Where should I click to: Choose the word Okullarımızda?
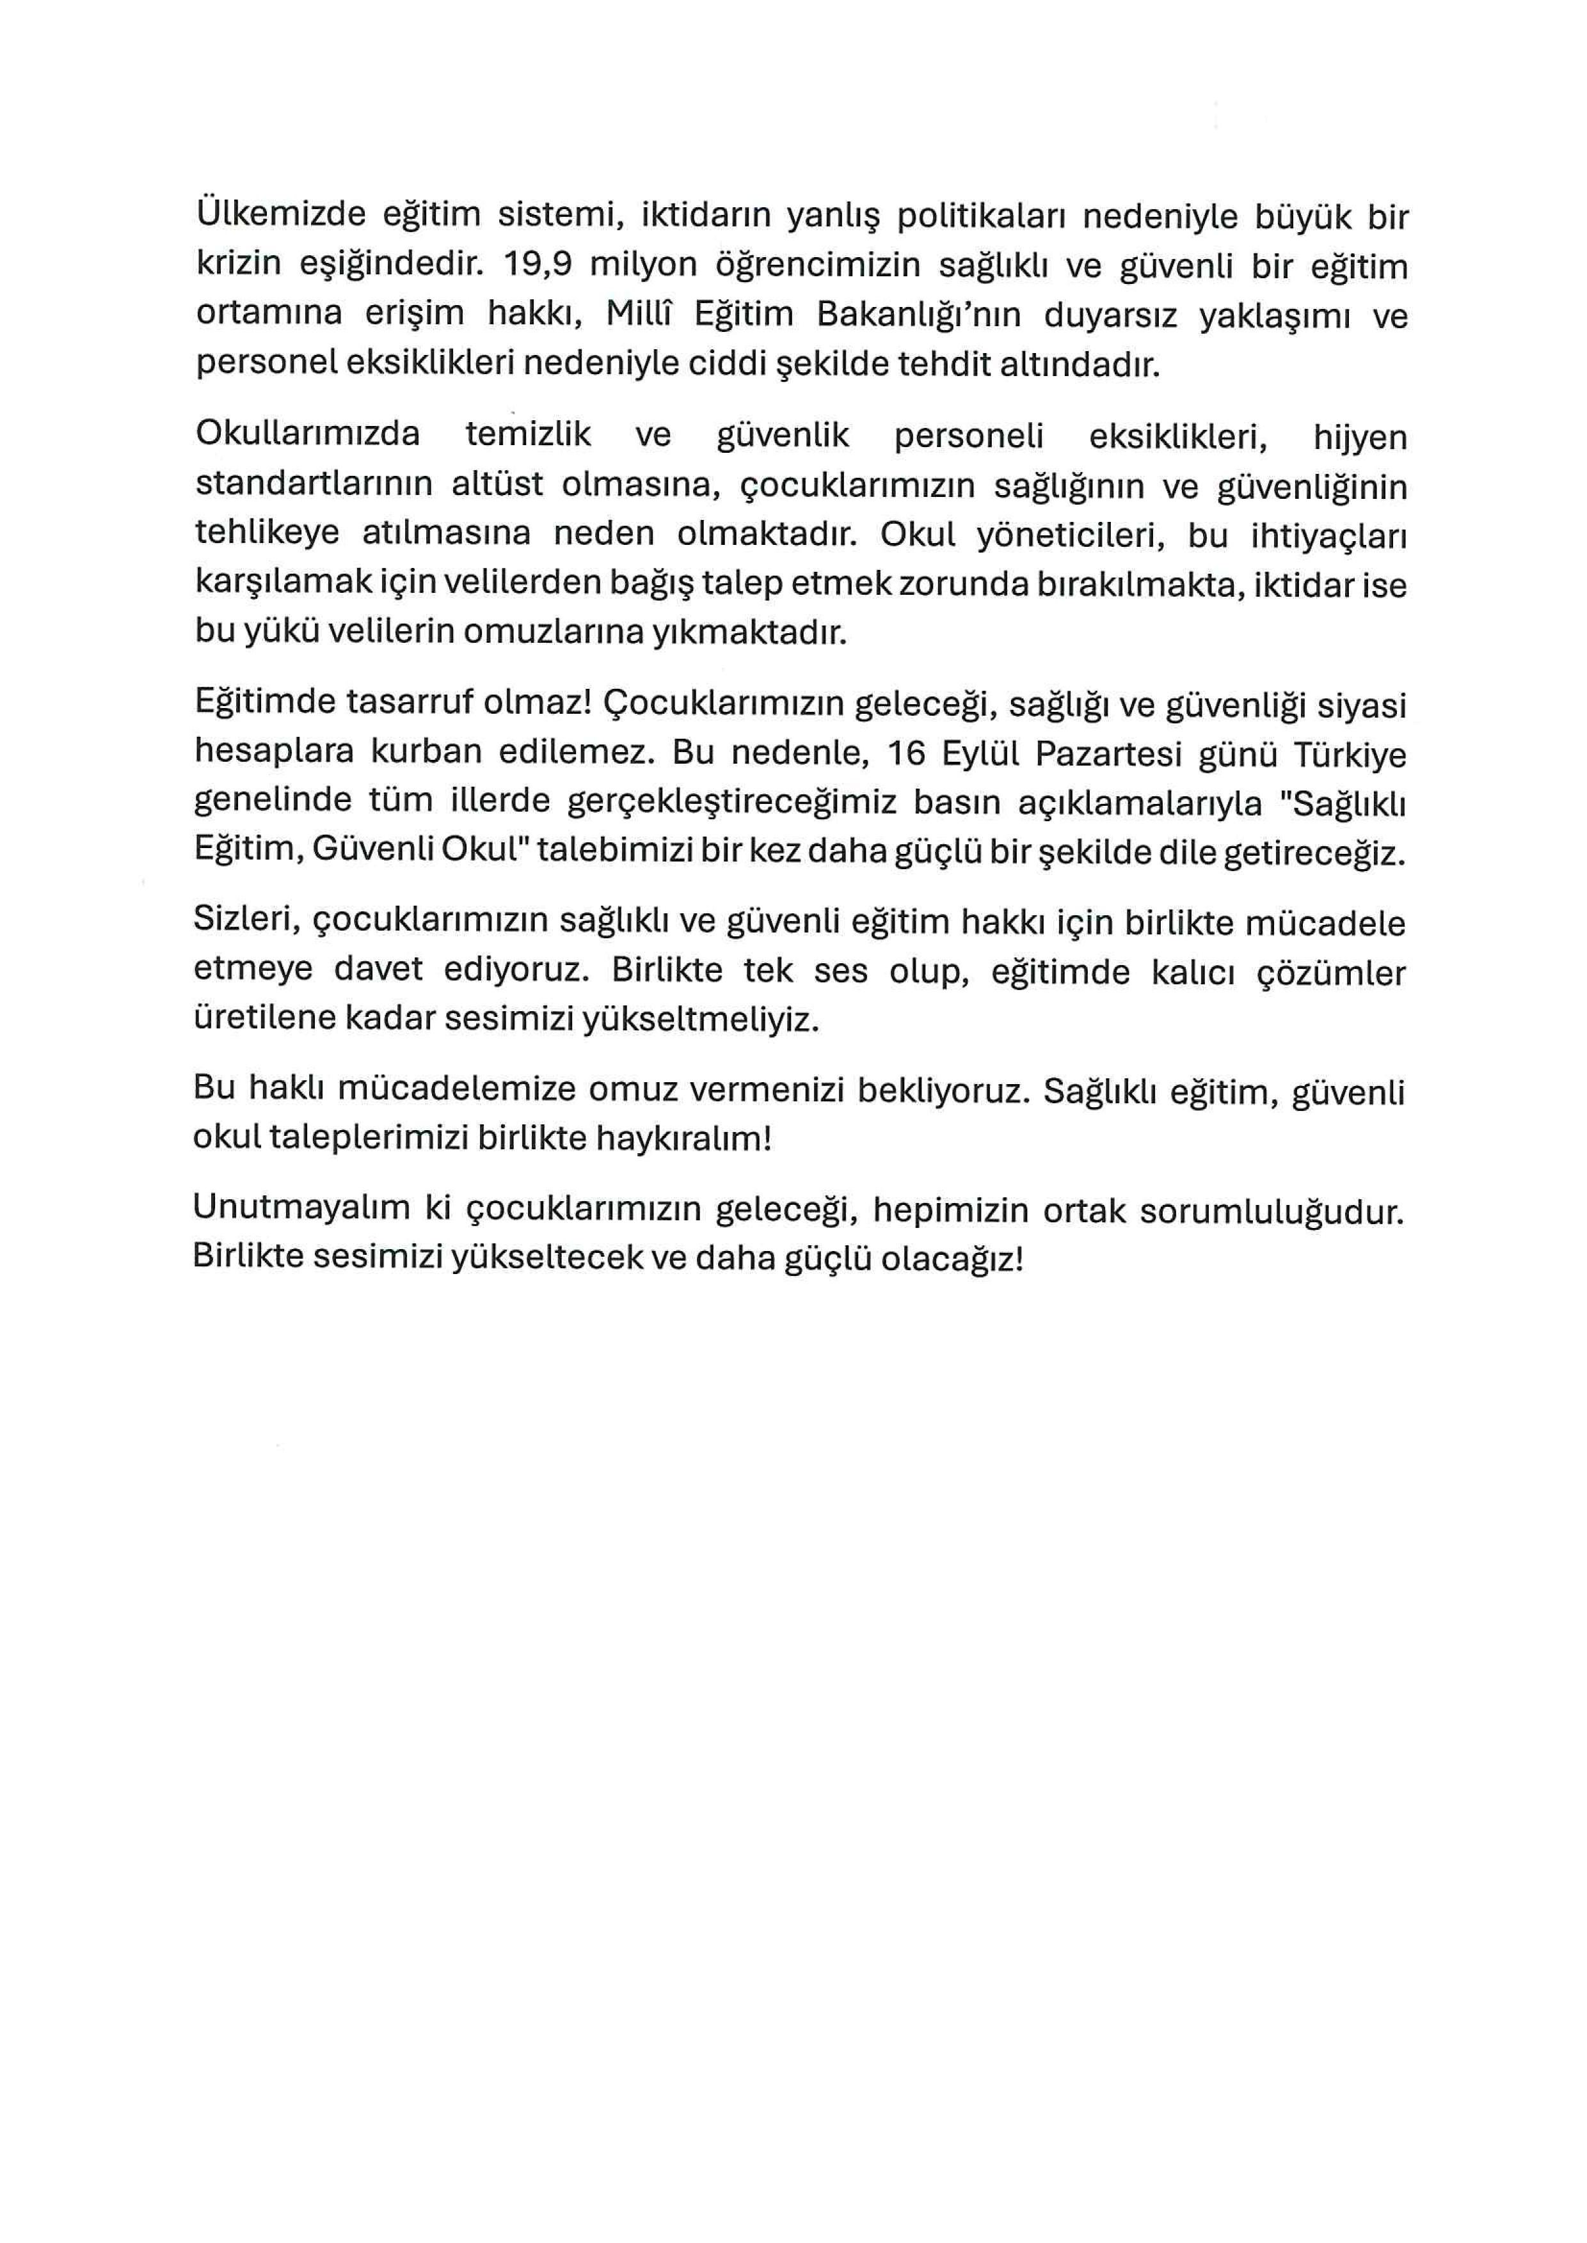[x=308, y=434]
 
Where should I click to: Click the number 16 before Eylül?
[x=906, y=753]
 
